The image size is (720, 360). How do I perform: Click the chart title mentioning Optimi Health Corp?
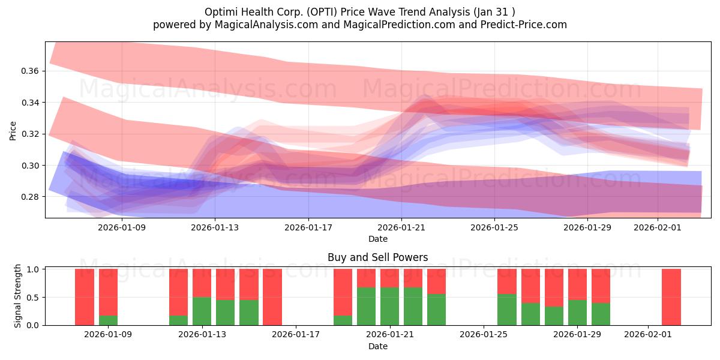coord(359,11)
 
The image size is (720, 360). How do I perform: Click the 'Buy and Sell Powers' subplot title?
coord(377,257)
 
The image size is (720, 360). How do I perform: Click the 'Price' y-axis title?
coord(13,131)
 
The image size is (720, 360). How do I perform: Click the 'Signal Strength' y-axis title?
coord(18,296)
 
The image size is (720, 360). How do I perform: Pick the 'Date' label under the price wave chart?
coord(377,239)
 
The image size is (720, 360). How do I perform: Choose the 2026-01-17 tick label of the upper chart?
coord(308,227)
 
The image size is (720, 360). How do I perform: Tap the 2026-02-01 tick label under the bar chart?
coord(648,335)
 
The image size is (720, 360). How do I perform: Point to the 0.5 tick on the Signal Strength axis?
coord(34,297)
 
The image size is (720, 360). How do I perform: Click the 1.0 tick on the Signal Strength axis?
coord(34,269)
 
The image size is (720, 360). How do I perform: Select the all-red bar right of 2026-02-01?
coord(671,297)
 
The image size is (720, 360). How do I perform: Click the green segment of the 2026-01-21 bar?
coord(389,306)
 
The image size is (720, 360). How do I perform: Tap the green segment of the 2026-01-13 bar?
coord(202,311)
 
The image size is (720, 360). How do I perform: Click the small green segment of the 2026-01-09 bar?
coord(108,320)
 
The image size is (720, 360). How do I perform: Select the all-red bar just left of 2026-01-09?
coord(85,297)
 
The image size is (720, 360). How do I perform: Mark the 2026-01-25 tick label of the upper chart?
coord(494,227)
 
